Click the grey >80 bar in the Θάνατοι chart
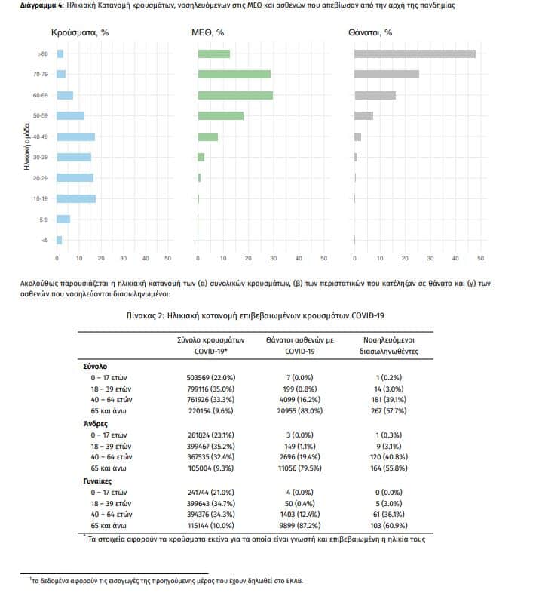point(415,54)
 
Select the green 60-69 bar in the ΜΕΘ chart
point(235,95)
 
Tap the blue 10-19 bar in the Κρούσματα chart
point(76,198)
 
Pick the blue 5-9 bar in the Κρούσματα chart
point(63,220)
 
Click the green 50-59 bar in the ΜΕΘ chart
point(221,115)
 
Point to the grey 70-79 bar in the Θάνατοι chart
point(387,75)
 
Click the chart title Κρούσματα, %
point(80,33)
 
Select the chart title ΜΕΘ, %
point(208,33)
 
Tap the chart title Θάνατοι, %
point(370,33)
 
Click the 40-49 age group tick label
point(41,137)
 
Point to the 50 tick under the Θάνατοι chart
point(481,258)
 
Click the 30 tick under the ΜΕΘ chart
point(274,258)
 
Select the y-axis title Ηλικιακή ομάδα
point(26,146)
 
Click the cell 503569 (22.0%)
point(211,378)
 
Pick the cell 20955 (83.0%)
point(300,411)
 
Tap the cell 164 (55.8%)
point(389,468)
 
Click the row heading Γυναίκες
point(97,481)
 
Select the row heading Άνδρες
point(96,424)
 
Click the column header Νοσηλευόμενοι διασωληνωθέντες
point(389,346)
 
